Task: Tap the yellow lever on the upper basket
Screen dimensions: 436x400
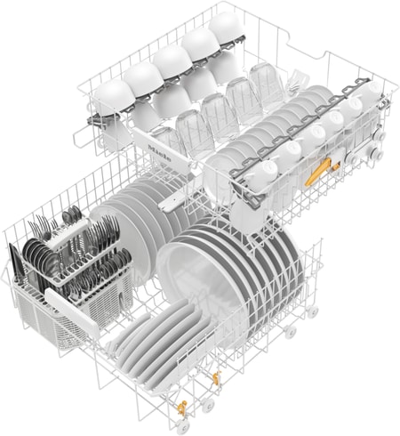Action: point(319,171)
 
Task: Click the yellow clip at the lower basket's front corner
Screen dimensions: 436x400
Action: point(182,410)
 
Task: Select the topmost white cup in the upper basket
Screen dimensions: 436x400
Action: point(225,24)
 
